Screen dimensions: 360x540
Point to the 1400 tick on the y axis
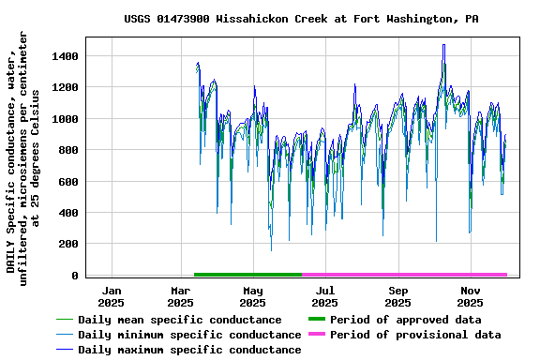coord(66,56)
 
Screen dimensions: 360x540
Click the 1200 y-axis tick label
coord(66,87)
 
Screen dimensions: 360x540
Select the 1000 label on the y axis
coord(66,119)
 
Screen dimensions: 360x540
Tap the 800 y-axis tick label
coord(68,150)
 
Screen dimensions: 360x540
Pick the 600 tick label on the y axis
coord(68,182)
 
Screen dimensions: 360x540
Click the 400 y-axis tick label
coord(68,213)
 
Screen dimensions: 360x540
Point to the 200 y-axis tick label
coord(68,244)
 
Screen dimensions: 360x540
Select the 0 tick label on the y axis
coord(75,276)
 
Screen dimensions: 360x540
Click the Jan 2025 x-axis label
coord(111,296)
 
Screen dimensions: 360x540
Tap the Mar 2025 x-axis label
coord(180,296)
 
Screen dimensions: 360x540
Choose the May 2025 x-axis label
coord(252,296)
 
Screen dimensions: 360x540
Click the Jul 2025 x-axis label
coord(324,296)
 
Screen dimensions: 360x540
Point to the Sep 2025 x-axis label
coord(397,296)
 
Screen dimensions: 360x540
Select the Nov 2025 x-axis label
coord(470,296)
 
